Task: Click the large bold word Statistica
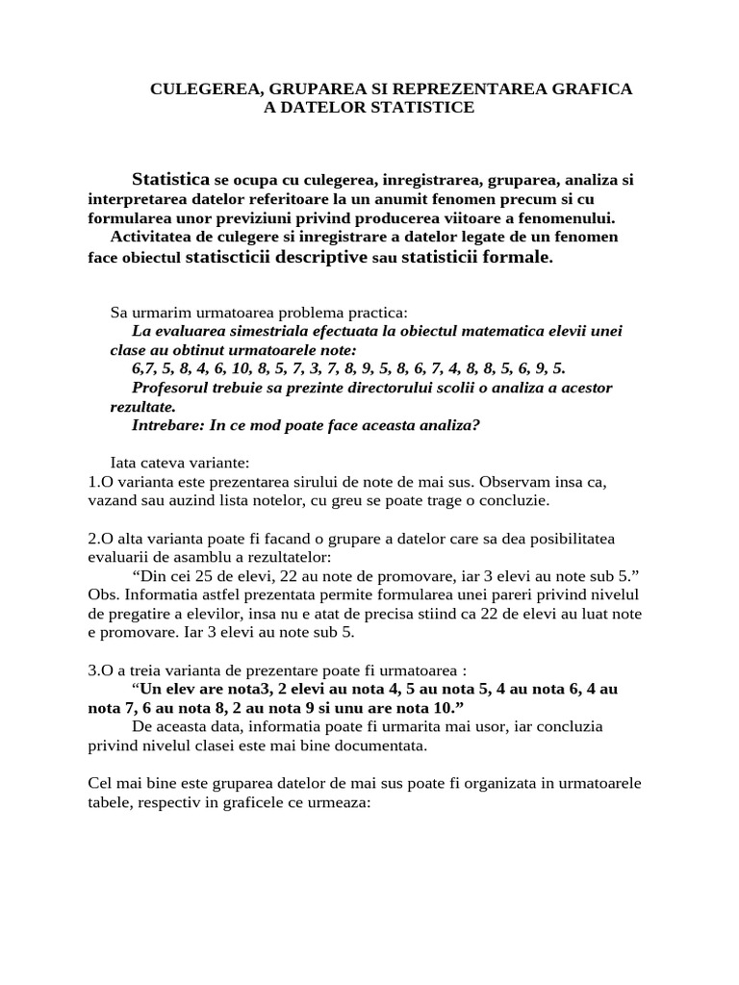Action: [170, 179]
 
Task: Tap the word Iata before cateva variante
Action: [126, 463]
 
